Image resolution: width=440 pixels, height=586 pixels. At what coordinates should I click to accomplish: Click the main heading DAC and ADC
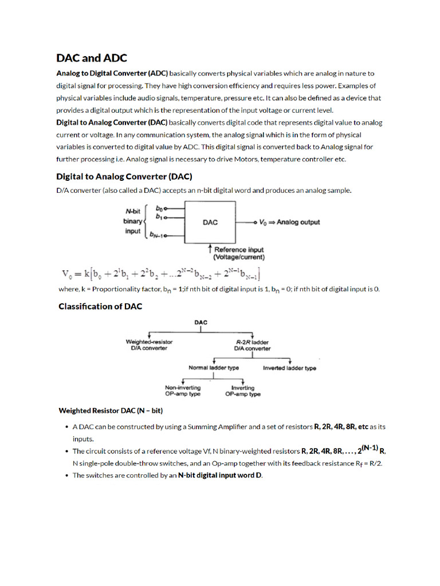point(92,58)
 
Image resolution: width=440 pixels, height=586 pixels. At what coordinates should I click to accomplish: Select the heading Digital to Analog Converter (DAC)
point(124,176)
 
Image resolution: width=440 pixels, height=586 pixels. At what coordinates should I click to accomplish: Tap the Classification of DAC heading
point(100,307)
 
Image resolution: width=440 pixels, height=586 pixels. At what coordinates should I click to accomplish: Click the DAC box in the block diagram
point(210,222)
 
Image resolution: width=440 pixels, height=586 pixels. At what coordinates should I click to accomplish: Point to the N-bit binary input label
point(133,221)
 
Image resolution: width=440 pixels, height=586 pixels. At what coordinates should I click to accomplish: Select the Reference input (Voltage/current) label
point(239,254)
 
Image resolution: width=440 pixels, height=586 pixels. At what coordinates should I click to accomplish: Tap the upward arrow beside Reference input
point(210,250)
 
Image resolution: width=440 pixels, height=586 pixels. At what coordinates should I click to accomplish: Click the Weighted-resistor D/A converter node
point(149,345)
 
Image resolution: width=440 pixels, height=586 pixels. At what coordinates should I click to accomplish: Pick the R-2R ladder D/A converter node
point(252,345)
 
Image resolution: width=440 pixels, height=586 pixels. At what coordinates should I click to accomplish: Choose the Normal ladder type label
point(214,368)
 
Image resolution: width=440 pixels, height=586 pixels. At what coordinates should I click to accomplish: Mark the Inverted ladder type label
point(289,368)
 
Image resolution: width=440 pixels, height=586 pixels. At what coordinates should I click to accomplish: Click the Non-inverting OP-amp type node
point(183,391)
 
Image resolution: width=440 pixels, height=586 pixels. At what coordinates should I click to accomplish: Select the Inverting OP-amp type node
point(243,391)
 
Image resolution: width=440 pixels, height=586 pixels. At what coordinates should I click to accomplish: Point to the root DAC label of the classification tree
point(201,323)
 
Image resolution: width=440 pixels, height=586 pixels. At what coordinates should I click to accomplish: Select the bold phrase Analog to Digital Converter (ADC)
point(112,73)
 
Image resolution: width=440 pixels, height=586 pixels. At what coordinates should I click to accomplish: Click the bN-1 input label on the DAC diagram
point(157,234)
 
